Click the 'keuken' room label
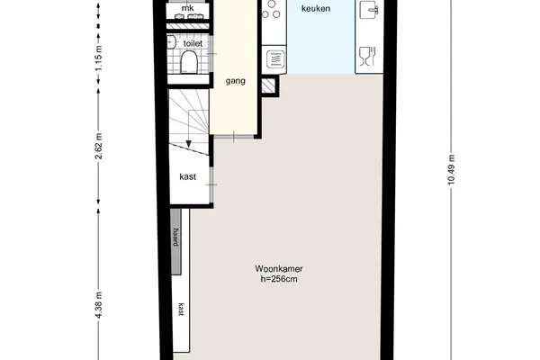316,9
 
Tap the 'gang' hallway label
236,81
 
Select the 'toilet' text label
193,44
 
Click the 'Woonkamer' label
279,269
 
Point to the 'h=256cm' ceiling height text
279,279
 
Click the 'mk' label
188,8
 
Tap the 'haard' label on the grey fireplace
176,237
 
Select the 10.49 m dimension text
451,169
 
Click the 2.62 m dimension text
99,146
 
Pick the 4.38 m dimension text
99,305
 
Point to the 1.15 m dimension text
99,58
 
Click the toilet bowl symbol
189,62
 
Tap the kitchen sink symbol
369,9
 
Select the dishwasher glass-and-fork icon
367,56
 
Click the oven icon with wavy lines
275,59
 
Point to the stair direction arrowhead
189,144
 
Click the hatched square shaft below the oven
268,85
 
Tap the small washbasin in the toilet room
172,42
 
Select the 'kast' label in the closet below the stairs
188,176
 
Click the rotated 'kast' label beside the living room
181,309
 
